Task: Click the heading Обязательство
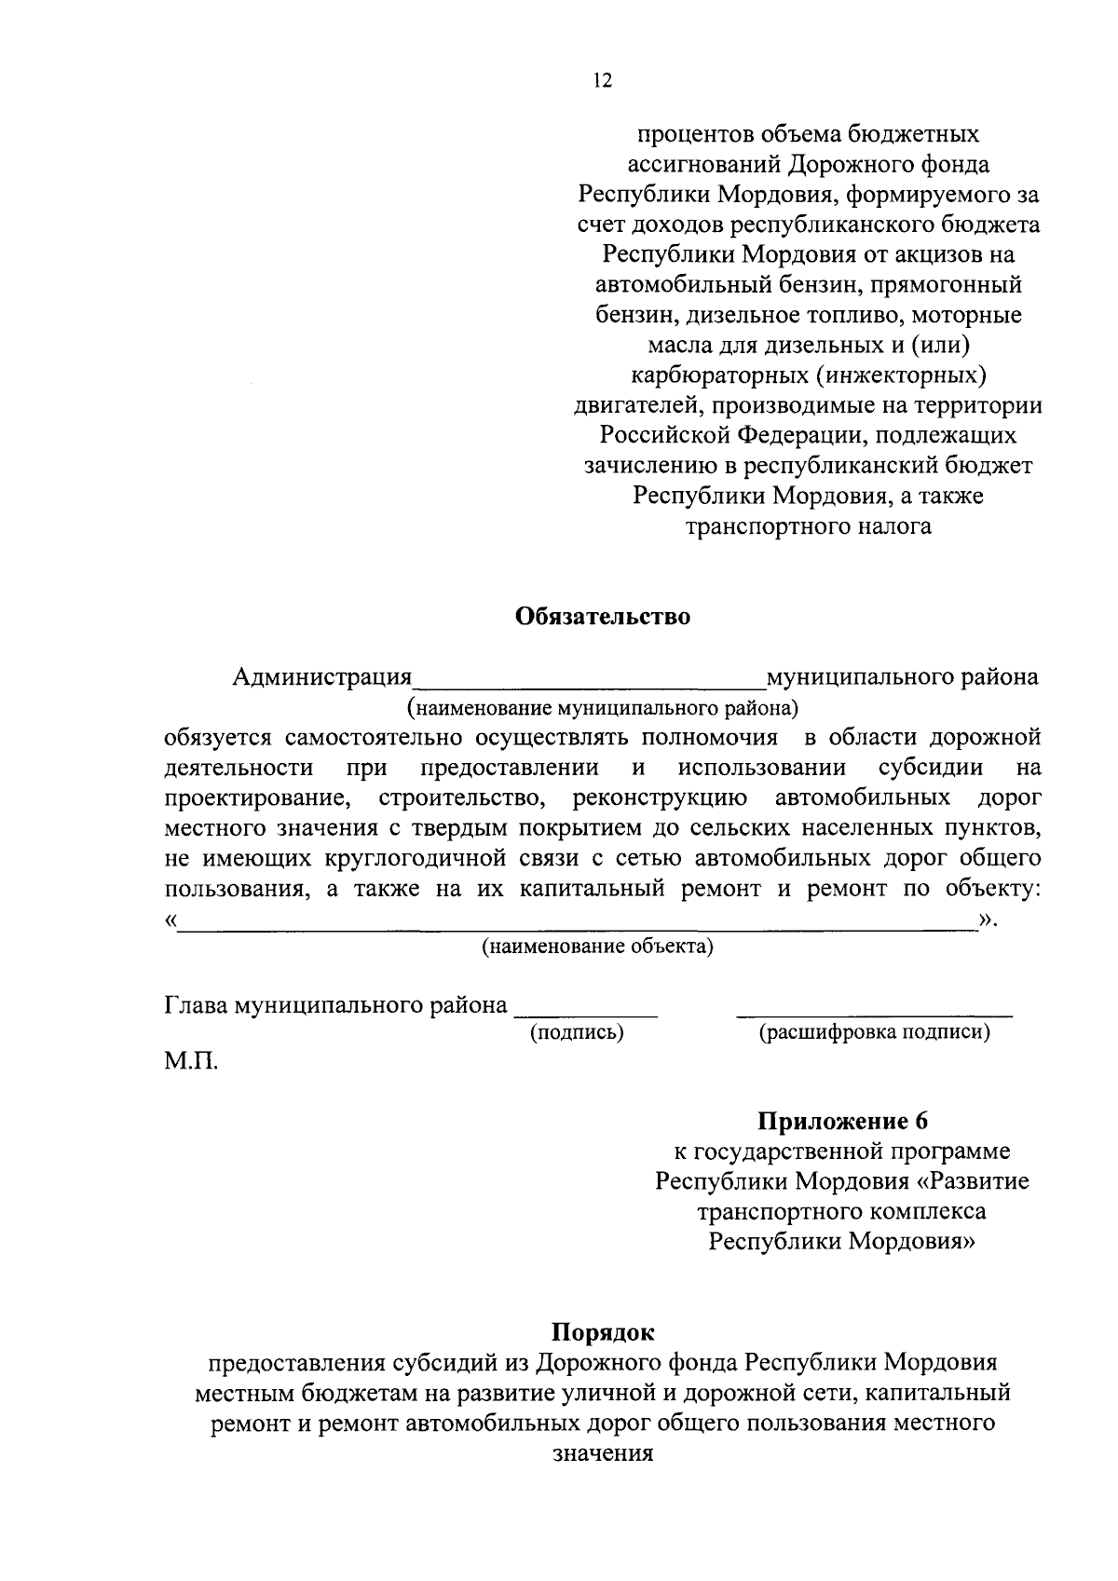click(x=603, y=618)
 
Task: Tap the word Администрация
click(x=321, y=676)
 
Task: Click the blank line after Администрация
click(x=589, y=680)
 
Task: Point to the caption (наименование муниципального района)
click(x=603, y=707)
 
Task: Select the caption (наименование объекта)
click(x=596, y=947)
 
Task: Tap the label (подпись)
click(x=577, y=1032)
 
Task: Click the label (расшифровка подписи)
click(x=874, y=1032)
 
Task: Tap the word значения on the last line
click(x=603, y=1452)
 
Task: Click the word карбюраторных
click(x=705, y=375)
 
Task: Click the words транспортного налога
click(x=808, y=526)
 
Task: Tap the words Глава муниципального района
click(x=335, y=1005)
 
